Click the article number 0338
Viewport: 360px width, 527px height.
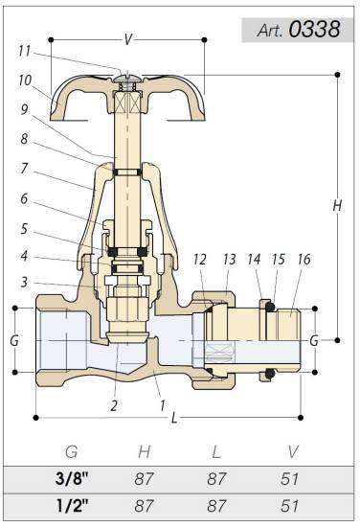(x=314, y=29)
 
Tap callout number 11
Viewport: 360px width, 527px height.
(x=24, y=51)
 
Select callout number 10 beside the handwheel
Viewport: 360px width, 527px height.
(x=25, y=80)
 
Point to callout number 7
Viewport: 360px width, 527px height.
(x=24, y=169)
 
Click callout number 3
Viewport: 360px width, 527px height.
(x=24, y=282)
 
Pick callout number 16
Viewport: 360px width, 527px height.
(x=304, y=259)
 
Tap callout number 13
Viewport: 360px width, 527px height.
(x=230, y=259)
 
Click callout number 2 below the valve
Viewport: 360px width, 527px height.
(x=114, y=406)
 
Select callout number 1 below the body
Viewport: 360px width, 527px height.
(x=163, y=405)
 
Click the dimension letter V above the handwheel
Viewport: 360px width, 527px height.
(x=128, y=39)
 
